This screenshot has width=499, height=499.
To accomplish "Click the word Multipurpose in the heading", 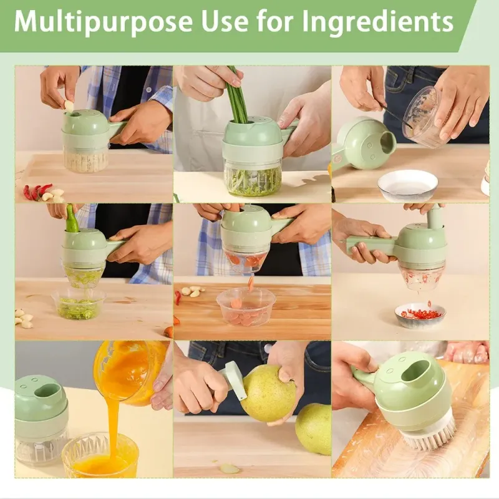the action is point(104,22).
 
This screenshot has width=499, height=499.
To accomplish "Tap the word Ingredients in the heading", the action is point(378,22).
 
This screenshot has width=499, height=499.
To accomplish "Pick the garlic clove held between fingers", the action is point(69,106).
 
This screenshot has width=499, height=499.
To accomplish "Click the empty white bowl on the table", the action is point(408,186).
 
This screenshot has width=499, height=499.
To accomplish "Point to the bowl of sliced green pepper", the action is point(77,304).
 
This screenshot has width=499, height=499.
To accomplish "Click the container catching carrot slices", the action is point(246,307).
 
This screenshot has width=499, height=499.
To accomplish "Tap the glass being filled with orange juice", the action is point(100,455).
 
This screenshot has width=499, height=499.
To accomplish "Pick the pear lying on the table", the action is point(313,429).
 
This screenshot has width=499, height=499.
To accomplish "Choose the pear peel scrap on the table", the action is point(229,468).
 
